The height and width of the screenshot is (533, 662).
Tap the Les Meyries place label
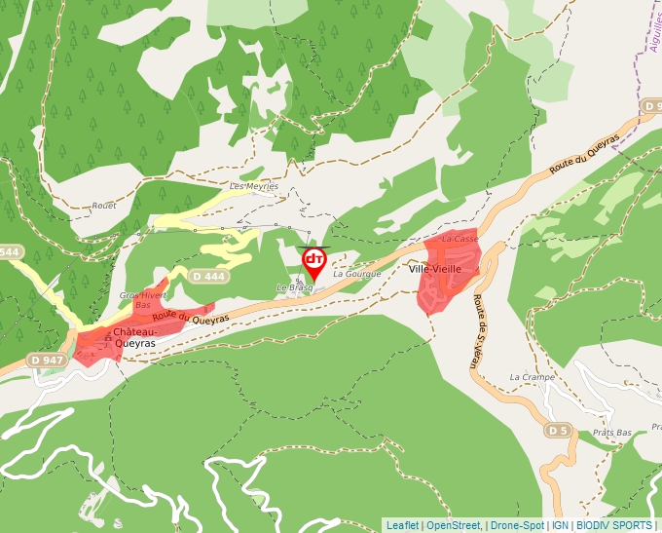254,186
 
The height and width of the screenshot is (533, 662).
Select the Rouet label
103,206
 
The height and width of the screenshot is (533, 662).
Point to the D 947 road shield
46,361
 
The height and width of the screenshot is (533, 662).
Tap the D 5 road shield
557,430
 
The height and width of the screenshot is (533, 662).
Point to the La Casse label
460,239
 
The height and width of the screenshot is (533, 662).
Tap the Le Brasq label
294,287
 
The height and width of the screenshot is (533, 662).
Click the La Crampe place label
532,377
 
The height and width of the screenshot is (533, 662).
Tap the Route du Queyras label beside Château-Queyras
190,318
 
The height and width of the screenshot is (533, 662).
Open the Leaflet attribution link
403,525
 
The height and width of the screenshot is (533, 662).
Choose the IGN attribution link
560,525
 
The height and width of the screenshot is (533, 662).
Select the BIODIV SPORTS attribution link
613,525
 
